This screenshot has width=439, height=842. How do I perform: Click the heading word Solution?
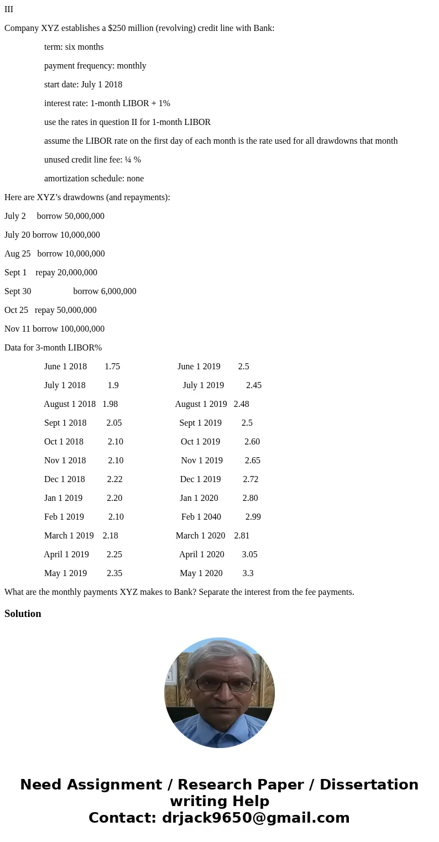click(23, 614)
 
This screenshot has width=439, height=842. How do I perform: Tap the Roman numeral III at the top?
click(9, 9)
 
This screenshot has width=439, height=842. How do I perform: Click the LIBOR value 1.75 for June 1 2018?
click(112, 367)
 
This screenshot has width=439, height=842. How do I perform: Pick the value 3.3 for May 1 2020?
click(248, 573)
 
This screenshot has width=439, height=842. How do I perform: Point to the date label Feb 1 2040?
click(201, 517)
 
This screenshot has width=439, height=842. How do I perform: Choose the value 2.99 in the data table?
click(253, 517)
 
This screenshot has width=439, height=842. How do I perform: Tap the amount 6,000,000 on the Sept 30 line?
click(118, 291)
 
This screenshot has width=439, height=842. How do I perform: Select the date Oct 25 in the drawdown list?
click(16, 310)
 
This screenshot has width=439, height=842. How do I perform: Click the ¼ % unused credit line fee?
click(133, 160)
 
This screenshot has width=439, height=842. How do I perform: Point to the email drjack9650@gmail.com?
click(255, 818)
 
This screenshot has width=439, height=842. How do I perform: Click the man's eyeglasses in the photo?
click(219, 684)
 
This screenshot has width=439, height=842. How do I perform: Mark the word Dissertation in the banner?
click(369, 785)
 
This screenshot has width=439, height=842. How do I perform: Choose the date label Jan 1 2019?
click(63, 498)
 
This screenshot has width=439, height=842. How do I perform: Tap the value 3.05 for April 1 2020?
click(249, 555)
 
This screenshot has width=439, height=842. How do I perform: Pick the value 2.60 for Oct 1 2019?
click(252, 442)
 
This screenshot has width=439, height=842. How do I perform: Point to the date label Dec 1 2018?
click(64, 479)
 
